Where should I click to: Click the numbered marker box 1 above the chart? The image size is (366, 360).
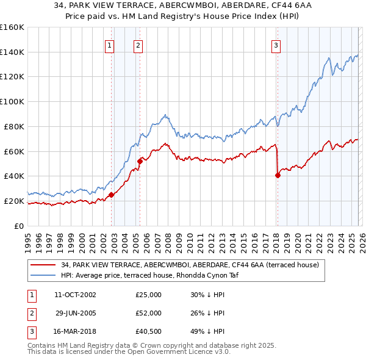point(110,45)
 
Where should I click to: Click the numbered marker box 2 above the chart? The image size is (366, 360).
point(138,45)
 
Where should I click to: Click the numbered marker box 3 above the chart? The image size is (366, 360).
point(276,45)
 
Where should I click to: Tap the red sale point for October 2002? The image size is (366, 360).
point(111,195)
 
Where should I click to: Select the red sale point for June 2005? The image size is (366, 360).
point(140,161)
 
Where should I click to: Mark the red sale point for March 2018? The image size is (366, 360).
point(278,175)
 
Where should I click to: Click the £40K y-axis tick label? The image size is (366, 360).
point(14,176)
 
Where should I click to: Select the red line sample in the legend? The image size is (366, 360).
point(43,265)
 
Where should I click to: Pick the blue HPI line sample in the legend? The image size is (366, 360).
point(43,275)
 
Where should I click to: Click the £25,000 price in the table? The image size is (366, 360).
point(148,295)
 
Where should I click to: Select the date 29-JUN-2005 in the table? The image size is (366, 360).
point(75,313)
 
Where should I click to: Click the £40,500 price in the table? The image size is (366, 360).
point(148,331)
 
